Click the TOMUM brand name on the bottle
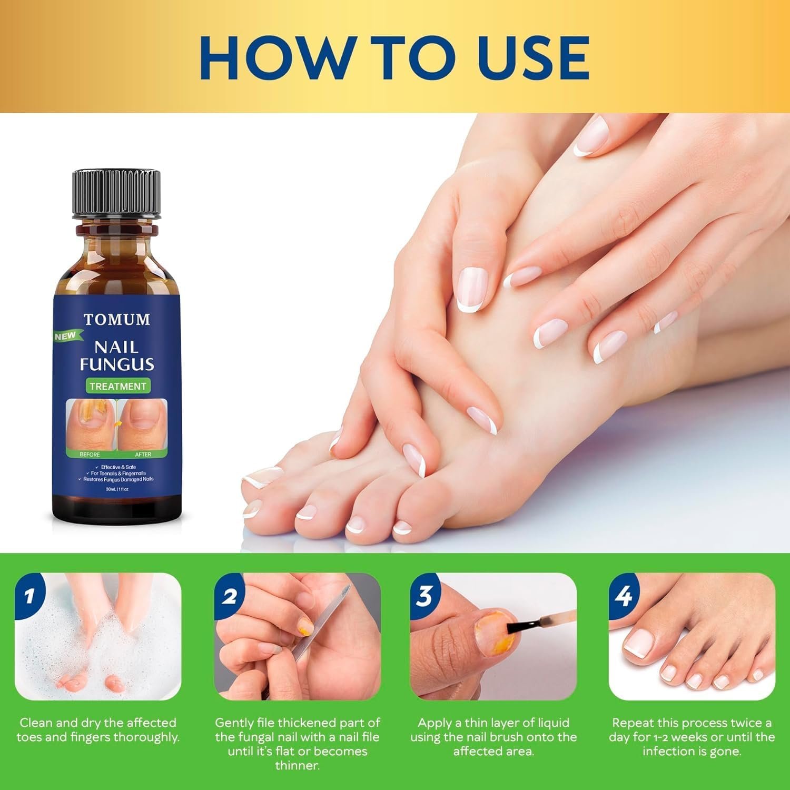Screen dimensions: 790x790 (116, 319)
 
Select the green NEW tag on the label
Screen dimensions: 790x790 (66, 336)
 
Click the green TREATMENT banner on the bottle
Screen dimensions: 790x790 (117, 386)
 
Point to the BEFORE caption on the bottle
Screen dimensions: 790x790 (90, 454)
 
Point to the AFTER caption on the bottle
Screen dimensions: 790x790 (143, 454)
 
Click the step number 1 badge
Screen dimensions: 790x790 (29, 596)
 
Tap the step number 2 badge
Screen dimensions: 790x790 (229, 596)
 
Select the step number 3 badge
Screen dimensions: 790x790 (424, 596)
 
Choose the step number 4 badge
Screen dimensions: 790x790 (624, 596)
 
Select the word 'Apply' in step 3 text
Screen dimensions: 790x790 (434, 723)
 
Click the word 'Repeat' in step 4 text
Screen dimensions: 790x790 (633, 723)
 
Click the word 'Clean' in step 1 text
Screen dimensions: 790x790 (35, 723)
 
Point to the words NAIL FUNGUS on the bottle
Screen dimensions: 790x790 (116, 355)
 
